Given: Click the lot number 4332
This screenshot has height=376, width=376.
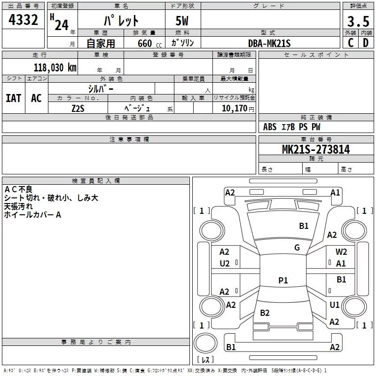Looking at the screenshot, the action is tap(23, 20).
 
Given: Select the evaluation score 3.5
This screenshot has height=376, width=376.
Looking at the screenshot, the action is tap(358, 21).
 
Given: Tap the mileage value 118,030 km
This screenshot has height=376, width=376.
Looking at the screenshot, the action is tap(55, 67).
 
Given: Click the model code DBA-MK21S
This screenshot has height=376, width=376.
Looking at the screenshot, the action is tap(269, 43).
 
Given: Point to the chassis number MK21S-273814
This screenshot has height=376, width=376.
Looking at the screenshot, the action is tap(316, 149).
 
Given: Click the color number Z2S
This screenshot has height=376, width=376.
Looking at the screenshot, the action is tap(78, 109).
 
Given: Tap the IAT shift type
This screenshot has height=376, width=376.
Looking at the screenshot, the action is tap(14, 98).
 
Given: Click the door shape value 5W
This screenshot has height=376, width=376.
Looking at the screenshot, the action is tap(182, 21).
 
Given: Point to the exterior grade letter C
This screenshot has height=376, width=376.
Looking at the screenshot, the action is tap(351, 43).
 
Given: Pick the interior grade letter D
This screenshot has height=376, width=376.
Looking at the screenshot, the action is tap(366, 43).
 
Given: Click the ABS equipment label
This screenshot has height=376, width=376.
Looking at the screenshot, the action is tap(270, 127).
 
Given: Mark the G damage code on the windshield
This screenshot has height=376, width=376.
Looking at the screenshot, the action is tap(297, 247).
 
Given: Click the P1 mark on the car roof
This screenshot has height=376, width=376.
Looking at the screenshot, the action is tap(283, 280).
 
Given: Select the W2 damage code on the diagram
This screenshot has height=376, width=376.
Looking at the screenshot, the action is tap(341, 251).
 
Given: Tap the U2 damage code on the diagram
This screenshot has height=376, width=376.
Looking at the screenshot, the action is tap(225, 264).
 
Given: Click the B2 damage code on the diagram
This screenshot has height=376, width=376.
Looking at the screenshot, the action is tap(265, 313).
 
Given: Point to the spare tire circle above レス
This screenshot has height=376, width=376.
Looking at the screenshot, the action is tap(205, 343).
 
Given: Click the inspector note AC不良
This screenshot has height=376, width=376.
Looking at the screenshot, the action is tap(18, 189).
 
